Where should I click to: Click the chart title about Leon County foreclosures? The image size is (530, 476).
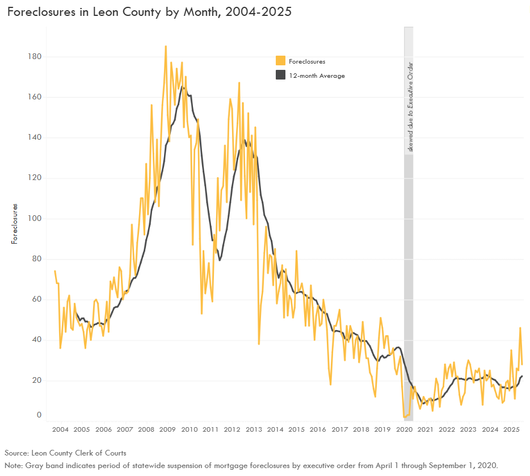[149, 12]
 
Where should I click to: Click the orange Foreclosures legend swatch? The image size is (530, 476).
[280, 61]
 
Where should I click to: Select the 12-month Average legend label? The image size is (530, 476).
[317, 76]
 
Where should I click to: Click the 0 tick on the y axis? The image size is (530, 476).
[39, 415]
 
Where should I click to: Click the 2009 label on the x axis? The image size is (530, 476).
[167, 429]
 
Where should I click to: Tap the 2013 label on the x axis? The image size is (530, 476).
[254, 429]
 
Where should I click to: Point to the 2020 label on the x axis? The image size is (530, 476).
[404, 429]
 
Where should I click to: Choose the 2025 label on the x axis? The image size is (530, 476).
[512, 429]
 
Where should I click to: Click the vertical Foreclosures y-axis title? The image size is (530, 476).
[15, 224]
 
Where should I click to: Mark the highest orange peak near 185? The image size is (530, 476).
[166, 47]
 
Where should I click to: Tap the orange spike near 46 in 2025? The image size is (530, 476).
[520, 328]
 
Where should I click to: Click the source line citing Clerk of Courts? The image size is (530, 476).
[65, 453]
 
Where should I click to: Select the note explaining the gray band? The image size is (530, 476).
[251, 465]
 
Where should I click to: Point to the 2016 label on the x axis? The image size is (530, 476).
[318, 429]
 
